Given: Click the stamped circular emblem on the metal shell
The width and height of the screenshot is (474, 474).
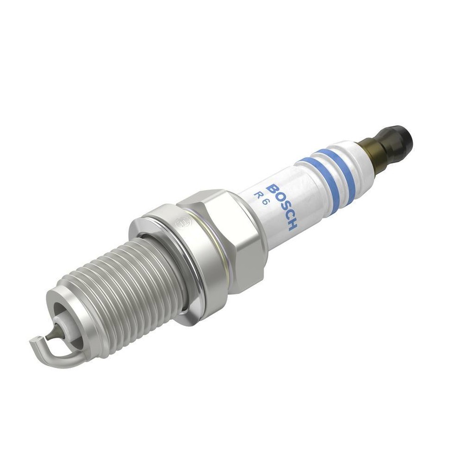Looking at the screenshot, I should click(x=182, y=222).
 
